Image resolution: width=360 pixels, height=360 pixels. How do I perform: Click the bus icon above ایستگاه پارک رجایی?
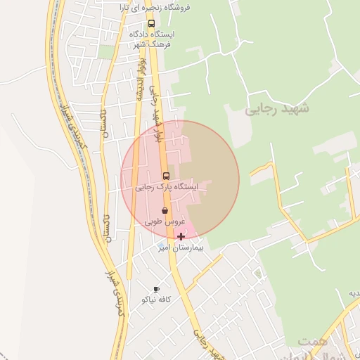[x=166, y=176]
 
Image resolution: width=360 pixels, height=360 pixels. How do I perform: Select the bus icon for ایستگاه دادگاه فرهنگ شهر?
[x=151, y=23]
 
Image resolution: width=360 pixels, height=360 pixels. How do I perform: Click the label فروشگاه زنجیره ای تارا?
[x=168, y=8]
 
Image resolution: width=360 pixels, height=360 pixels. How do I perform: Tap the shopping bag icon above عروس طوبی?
[x=165, y=210]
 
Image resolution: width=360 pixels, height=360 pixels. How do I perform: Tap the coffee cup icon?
[x=156, y=289]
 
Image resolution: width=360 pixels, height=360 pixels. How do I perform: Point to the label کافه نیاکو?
[x=157, y=300]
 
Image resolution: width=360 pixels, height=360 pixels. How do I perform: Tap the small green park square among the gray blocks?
[x=106, y=52]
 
